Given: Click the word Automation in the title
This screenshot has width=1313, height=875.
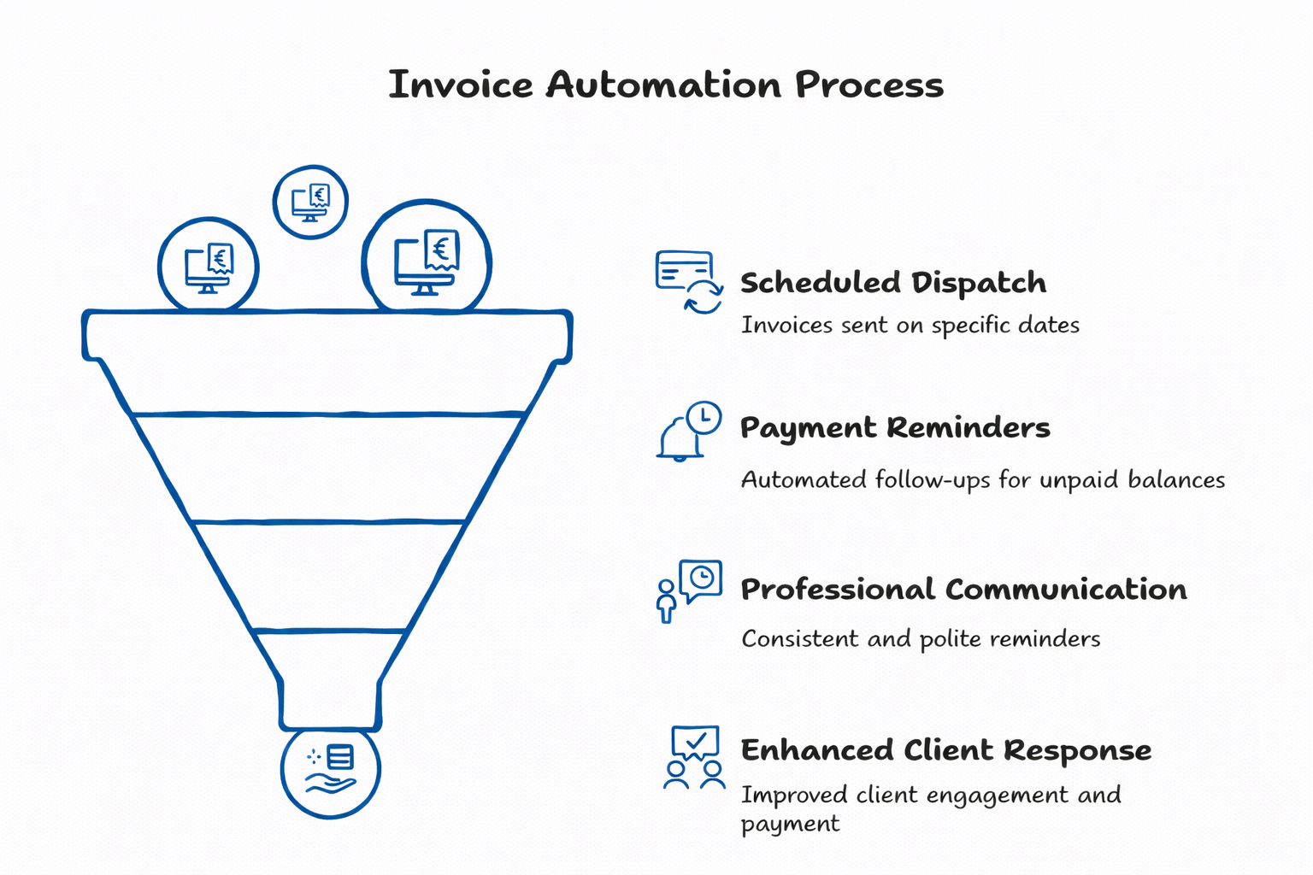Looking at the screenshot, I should [663, 85].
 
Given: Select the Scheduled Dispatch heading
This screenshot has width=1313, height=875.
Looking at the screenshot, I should [893, 283].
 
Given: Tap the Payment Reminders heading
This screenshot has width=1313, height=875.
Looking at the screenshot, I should [895, 427].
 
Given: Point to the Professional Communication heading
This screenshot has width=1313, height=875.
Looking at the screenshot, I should [963, 590].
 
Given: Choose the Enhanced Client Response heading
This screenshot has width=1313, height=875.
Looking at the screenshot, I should [945, 750].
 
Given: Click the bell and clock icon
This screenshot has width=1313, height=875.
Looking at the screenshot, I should [689, 431].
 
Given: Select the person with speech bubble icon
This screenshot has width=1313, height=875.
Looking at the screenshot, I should [689, 590].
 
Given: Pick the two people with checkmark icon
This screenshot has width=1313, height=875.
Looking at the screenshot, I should [694, 757].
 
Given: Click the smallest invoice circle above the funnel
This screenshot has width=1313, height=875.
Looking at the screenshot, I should [310, 203].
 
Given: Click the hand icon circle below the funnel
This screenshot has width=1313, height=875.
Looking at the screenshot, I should [331, 770].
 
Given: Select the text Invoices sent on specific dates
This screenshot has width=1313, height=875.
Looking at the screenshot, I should [910, 326].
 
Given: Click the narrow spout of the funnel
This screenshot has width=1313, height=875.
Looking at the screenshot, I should [331, 702].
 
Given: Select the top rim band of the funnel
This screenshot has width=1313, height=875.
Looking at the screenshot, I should [327, 335].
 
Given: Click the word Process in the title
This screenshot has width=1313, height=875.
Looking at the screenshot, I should [869, 85].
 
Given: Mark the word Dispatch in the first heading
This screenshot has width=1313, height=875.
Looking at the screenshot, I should [978, 283].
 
